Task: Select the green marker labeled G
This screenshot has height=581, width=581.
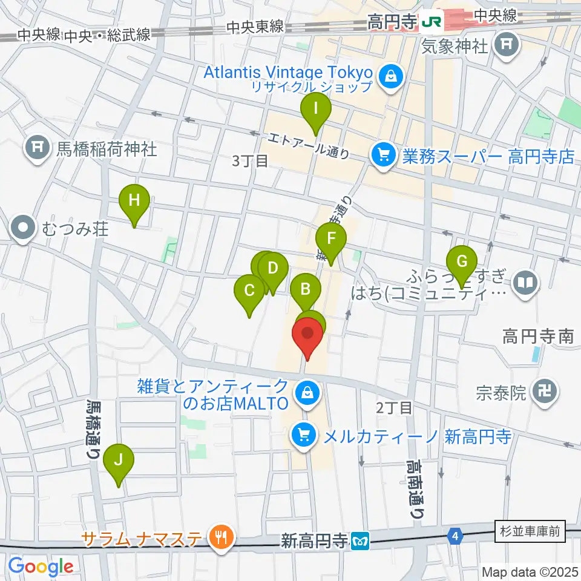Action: [x=462, y=262]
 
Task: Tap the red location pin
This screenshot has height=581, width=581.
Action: [x=307, y=335]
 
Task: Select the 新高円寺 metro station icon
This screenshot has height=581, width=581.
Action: [x=362, y=540]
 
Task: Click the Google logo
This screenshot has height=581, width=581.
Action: [x=41, y=566]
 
